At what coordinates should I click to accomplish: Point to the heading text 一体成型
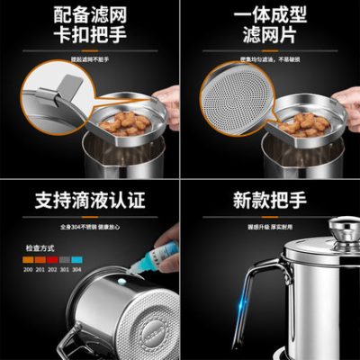[270, 16]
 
